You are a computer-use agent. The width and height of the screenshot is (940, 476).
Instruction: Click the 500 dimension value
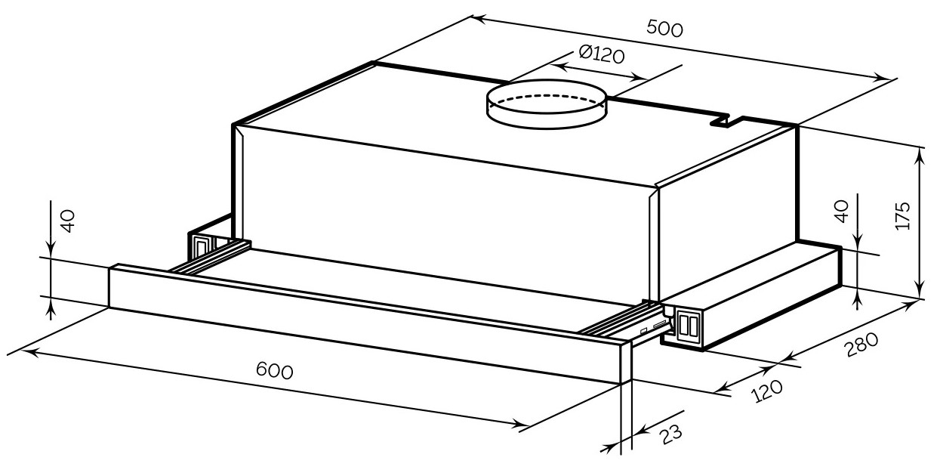pos(664,29)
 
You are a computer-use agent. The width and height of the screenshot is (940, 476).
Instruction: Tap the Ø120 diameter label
pos(601,54)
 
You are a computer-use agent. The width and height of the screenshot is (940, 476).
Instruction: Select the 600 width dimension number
pos(274,370)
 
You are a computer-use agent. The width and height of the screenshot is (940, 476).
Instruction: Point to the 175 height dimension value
pos(903,216)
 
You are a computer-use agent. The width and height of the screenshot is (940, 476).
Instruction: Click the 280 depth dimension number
pos(861,345)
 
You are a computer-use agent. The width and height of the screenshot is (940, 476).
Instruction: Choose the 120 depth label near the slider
pos(766,391)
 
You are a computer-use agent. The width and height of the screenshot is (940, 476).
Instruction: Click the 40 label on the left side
pos(68,221)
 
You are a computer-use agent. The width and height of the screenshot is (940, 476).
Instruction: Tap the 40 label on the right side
pos(842,212)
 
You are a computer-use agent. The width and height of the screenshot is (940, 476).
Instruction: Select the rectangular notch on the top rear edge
pos(720,122)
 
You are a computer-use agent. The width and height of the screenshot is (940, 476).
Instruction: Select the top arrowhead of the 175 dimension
pos(920,156)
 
